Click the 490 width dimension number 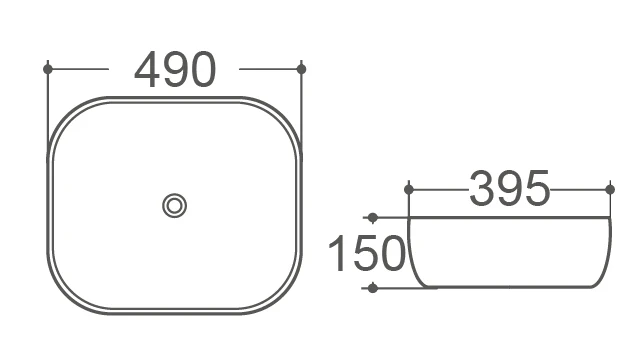point(175,69)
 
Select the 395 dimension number point(509,189)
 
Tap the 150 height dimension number point(367,253)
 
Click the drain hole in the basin point(175,206)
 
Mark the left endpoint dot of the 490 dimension point(48,69)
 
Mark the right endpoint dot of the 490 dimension point(301,69)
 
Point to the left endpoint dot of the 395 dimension point(409,189)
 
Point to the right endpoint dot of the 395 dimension point(610,189)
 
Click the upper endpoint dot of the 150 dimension point(373,218)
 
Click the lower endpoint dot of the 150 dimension point(373,288)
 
